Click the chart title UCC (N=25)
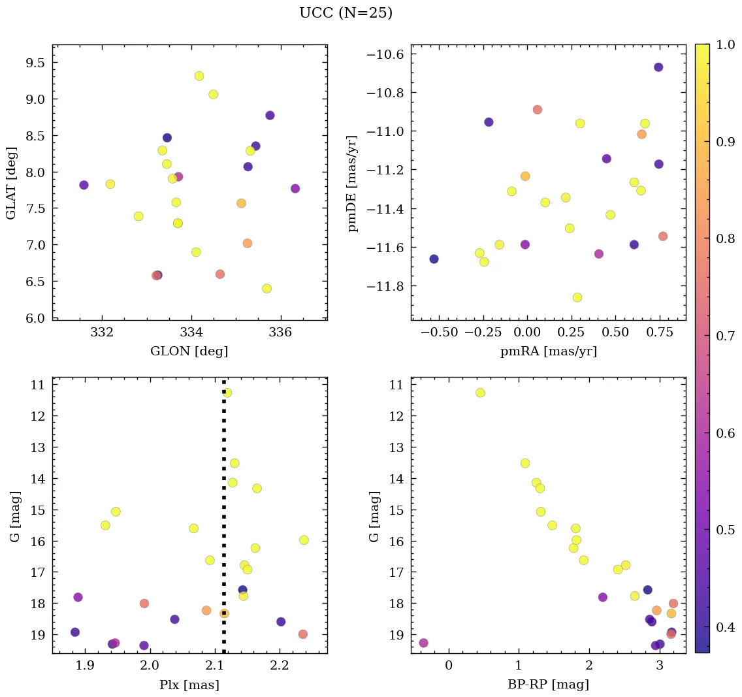(346, 13)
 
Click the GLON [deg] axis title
(189, 351)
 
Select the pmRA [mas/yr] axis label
(548, 351)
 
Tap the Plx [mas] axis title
(189, 685)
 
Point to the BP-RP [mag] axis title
(548, 685)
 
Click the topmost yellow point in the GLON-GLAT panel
(199, 76)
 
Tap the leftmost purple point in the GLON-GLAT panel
(84, 185)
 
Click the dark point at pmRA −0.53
(434, 259)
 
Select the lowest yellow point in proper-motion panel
(577, 297)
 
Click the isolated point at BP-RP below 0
(423, 643)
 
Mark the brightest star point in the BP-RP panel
(480, 393)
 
